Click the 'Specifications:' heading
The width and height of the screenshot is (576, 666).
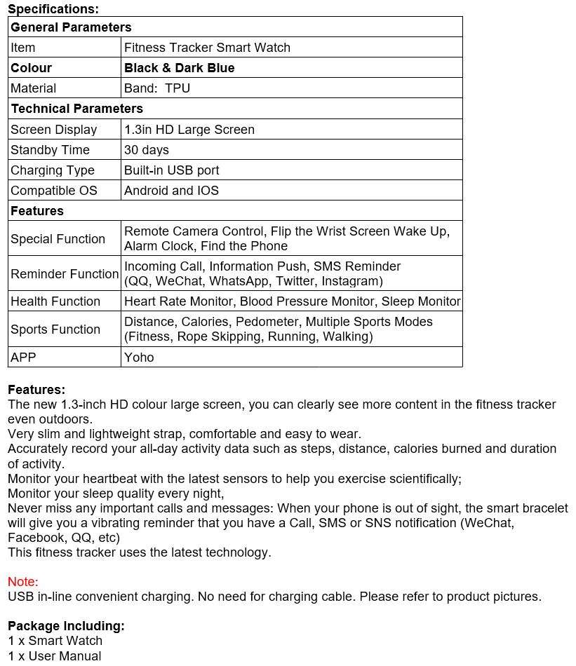click(x=53, y=9)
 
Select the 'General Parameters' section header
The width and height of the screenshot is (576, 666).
click(x=71, y=27)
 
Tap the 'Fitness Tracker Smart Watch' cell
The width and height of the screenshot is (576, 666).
click(x=207, y=48)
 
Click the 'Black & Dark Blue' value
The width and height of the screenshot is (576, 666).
click(x=179, y=68)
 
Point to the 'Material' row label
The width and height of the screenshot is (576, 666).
click(x=33, y=88)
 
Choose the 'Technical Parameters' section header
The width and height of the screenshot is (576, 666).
click(x=76, y=109)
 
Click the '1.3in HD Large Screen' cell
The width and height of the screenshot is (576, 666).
click(x=189, y=130)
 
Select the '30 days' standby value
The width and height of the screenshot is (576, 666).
click(x=146, y=150)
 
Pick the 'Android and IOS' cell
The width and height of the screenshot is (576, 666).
click(x=171, y=191)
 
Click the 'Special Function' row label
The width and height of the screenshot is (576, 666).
click(x=58, y=239)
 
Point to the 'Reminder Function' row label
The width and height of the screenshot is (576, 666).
click(x=64, y=274)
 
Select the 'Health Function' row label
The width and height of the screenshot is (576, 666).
click(x=55, y=301)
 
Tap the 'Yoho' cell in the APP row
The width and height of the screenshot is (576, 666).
click(x=139, y=358)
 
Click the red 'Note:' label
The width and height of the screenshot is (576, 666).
click(x=22, y=582)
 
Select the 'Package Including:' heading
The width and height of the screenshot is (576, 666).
click(x=66, y=626)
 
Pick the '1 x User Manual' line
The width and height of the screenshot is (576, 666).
click(x=54, y=656)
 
